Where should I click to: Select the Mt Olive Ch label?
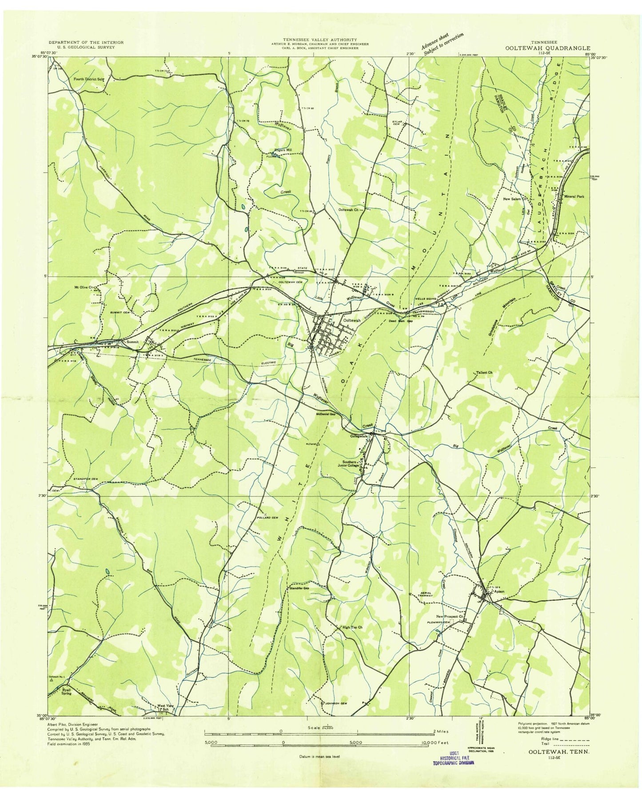coord(84,287)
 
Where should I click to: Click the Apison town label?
coord(499,591)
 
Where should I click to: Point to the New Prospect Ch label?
coord(450,617)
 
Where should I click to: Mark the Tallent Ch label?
coord(484,372)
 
